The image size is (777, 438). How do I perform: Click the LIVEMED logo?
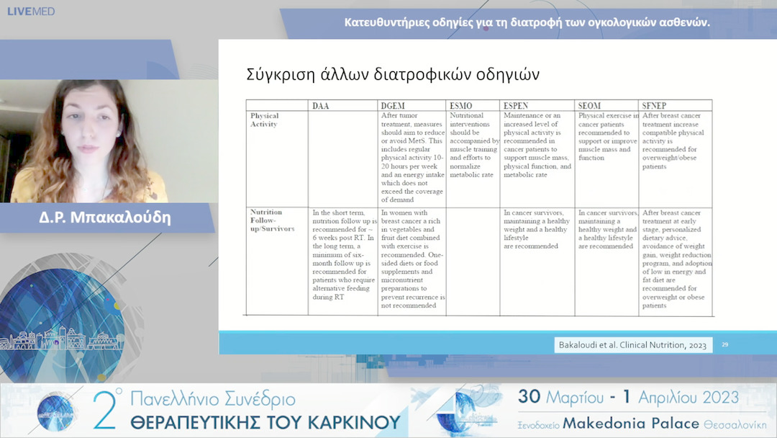point(31,12)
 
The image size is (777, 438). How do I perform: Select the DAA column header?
point(321,105)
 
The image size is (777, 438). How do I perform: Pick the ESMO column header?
point(460,105)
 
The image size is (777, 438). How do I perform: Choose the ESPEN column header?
point(517,105)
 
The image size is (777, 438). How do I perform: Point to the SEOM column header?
point(589,105)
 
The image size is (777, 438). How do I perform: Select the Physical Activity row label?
point(264,120)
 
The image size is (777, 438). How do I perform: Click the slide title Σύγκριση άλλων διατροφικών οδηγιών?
point(393,75)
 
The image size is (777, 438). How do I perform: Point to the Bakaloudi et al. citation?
point(632,345)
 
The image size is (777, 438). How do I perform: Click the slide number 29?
point(724,345)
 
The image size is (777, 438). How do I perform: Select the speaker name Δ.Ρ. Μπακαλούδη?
point(105,218)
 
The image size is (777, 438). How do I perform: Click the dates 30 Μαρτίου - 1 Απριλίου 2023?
point(627,398)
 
